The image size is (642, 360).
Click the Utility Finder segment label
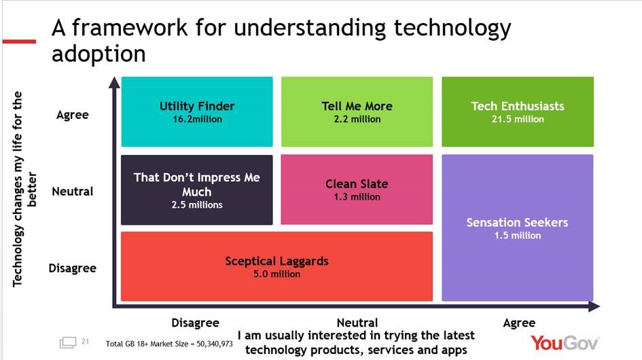pyautogui.click(x=197, y=106)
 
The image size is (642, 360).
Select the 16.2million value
pyautogui.click(x=197, y=119)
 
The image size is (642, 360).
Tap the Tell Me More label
pyautogui.click(x=357, y=106)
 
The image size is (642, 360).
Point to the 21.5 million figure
pyautogui.click(x=518, y=119)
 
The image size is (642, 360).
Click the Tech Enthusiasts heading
pyautogui.click(x=518, y=106)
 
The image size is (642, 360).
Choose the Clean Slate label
pyautogui.click(x=357, y=184)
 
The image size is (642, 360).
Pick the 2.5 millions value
pyautogui.click(x=197, y=204)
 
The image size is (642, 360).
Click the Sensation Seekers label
pyautogui.click(x=518, y=222)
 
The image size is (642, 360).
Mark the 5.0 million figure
pyautogui.click(x=277, y=274)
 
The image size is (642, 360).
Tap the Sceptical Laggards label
pyautogui.click(x=277, y=262)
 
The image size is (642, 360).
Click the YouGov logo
pyautogui.click(x=565, y=343)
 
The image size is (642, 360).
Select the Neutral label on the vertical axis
pyautogui.click(x=73, y=192)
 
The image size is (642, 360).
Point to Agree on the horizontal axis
pyautogui.click(x=519, y=323)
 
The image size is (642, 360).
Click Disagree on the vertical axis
pyautogui.click(x=73, y=268)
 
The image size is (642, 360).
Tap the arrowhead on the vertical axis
pyautogui.click(x=115, y=82)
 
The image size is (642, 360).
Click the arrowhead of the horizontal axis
pyautogui.click(x=594, y=306)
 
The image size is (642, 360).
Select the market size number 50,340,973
pyautogui.click(x=215, y=344)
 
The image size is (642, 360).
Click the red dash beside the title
pyautogui.click(x=19, y=41)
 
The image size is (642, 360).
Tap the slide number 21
pyautogui.click(x=85, y=341)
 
